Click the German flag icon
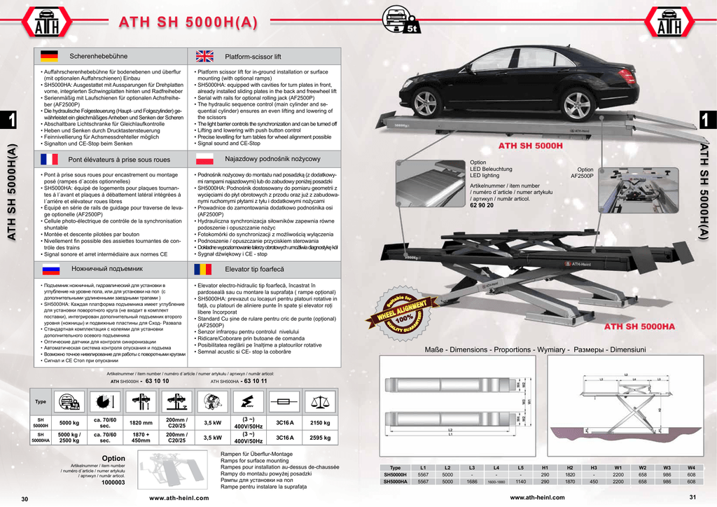click(x=49, y=55)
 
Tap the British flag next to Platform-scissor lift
click(x=204, y=55)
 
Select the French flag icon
click(x=49, y=159)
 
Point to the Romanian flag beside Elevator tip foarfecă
click(x=204, y=268)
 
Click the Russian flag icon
click(x=49, y=268)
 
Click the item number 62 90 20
click(x=482, y=205)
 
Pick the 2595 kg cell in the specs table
click(x=320, y=438)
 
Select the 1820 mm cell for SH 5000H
click(x=141, y=423)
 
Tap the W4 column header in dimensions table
click(x=691, y=468)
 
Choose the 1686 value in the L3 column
click(x=472, y=482)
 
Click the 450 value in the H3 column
click(x=594, y=482)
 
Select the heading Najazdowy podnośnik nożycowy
click(x=263, y=160)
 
